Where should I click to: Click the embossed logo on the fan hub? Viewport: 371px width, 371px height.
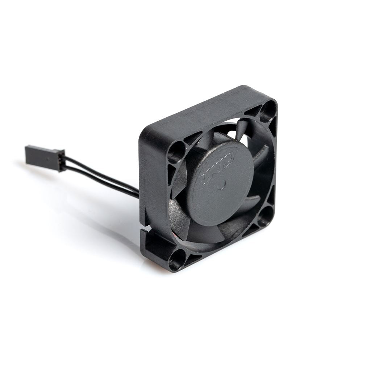pyautogui.click(x=217, y=168)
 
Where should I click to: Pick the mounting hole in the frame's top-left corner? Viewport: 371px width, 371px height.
pyautogui.click(x=177, y=152)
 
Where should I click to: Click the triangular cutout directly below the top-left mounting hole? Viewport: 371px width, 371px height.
pyautogui.click(x=172, y=173)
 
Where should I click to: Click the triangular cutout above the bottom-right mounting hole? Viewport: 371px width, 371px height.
pyautogui.click(x=270, y=197)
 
